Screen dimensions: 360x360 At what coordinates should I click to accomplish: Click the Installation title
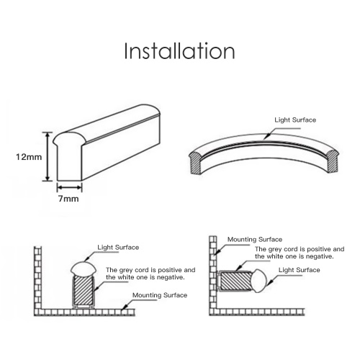[179, 51]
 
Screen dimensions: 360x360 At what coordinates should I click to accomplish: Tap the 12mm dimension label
[29, 157]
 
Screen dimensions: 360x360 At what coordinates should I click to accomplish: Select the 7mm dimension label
[68, 199]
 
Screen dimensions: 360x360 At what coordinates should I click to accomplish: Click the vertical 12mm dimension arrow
[48, 156]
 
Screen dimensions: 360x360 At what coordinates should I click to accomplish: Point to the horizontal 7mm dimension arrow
[70, 187]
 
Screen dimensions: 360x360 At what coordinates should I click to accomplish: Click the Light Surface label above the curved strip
[295, 120]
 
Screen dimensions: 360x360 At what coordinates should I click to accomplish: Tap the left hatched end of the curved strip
[196, 163]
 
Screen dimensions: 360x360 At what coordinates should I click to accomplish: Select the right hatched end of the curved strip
[333, 161]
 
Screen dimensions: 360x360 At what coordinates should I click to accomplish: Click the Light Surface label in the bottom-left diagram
[118, 248]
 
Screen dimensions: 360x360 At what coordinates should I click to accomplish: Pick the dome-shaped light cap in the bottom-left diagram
[84, 269]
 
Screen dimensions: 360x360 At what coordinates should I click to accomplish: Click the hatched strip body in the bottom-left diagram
[84, 291]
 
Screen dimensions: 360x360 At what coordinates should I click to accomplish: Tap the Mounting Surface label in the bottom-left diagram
[160, 295]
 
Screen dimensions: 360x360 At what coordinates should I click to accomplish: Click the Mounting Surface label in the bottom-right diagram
[255, 240]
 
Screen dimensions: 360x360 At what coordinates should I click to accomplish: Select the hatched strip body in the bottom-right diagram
[235, 281]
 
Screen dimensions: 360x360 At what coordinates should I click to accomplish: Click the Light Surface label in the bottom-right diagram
[300, 270]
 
